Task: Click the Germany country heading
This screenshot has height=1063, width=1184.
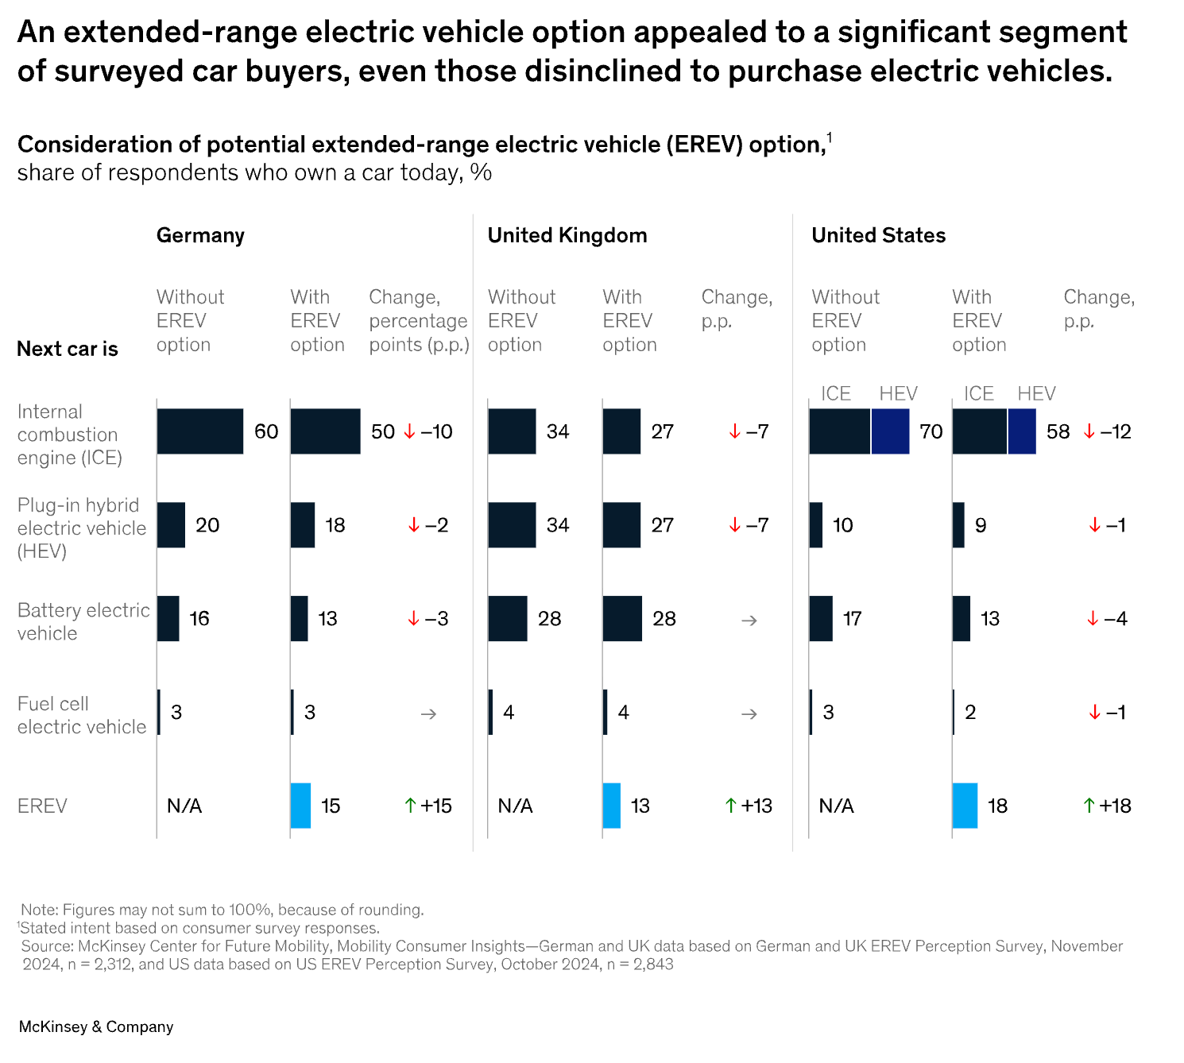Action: pyautogui.click(x=200, y=235)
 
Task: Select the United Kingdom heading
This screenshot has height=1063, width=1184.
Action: pyautogui.click(x=567, y=235)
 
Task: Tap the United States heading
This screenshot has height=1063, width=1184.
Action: pyautogui.click(x=878, y=235)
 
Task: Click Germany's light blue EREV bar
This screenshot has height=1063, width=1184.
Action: pyautogui.click(x=300, y=806)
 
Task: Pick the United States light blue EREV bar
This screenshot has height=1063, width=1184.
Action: pyautogui.click(x=965, y=806)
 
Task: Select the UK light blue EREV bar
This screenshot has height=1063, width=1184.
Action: pyautogui.click(x=612, y=806)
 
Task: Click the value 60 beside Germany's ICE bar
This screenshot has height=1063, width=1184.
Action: pyautogui.click(x=266, y=431)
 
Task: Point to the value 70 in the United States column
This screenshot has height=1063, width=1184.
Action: pyautogui.click(x=931, y=431)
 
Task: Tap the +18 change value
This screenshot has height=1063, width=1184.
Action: pyautogui.click(x=1115, y=806)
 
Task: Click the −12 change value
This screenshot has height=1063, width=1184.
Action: pyautogui.click(x=1116, y=431)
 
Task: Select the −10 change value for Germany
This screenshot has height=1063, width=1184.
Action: pyautogui.click(x=436, y=431)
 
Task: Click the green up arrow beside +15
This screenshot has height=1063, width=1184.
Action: pyautogui.click(x=410, y=806)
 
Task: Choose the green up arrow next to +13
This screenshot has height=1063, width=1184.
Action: pyautogui.click(x=731, y=806)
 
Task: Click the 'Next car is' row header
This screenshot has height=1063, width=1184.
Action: pyautogui.click(x=68, y=349)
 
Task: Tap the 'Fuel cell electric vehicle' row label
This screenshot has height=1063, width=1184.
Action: pyautogui.click(x=82, y=715)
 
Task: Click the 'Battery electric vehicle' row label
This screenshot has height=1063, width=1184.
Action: pyautogui.click(x=83, y=621)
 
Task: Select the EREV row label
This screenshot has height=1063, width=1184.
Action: pyautogui.click(x=42, y=806)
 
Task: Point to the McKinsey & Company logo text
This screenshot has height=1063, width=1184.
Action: pyautogui.click(x=96, y=1026)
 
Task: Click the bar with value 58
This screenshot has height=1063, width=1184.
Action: pyautogui.click(x=994, y=431)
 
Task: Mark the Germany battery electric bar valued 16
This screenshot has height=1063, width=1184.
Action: pyautogui.click(x=168, y=618)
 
